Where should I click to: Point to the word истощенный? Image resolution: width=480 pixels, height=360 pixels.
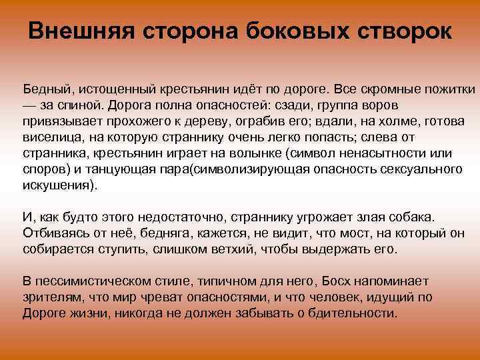[x=117, y=89]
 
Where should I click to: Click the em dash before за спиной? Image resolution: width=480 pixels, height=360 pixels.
[x=31, y=105]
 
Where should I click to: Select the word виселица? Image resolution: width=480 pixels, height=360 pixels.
[x=49, y=137]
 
